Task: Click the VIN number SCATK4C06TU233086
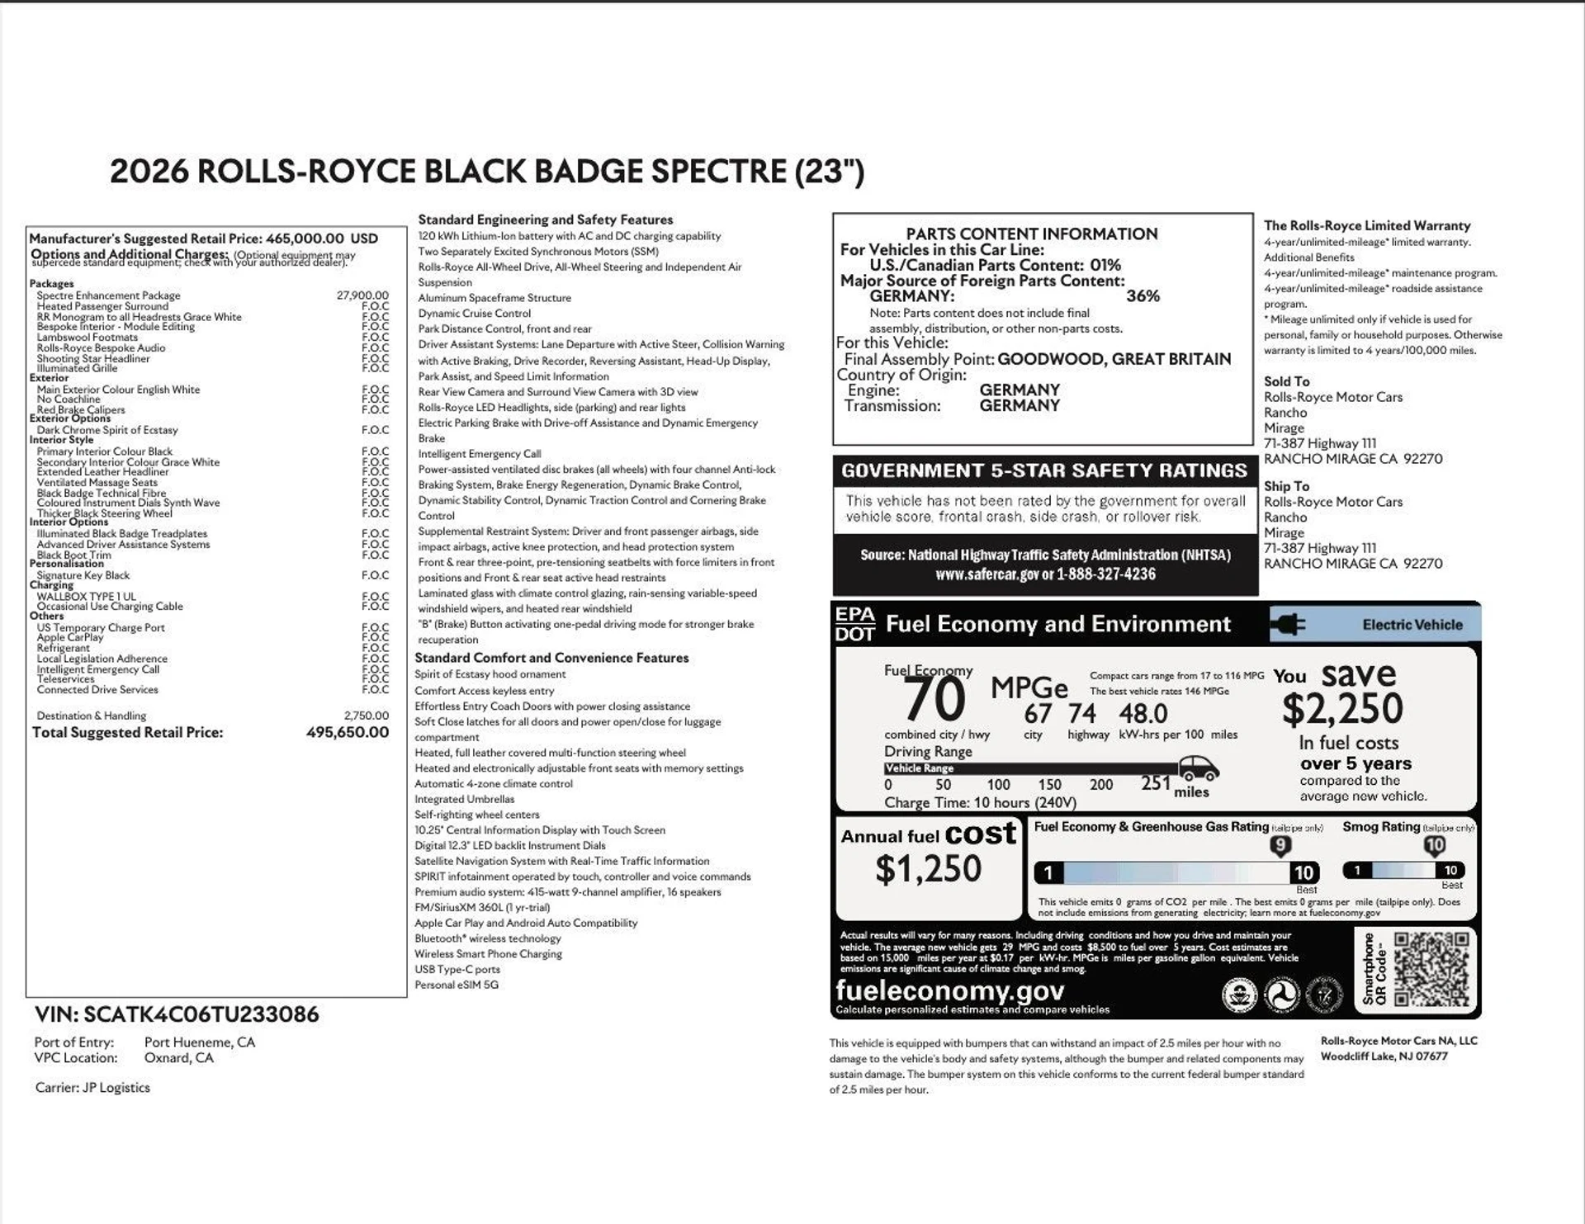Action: [x=201, y=1014]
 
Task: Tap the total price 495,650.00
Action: [x=347, y=732]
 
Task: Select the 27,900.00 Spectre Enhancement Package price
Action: [x=362, y=295]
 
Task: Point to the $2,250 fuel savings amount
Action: [x=1342, y=709]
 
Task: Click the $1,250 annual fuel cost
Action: [x=928, y=869]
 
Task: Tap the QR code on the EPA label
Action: [x=1431, y=970]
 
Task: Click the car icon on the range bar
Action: [x=1199, y=771]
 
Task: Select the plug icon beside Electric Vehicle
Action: [x=1289, y=625]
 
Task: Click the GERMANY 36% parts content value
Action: [x=1143, y=296]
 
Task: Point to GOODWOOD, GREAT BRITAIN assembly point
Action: [x=1114, y=359]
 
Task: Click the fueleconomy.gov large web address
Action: [x=949, y=990]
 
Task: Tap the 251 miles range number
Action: [x=1156, y=783]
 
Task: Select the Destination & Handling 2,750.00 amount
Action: [x=366, y=716]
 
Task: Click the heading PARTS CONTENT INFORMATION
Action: [x=1031, y=234]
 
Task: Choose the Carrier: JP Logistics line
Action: [x=92, y=1088]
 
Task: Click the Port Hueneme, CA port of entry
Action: [x=200, y=1042]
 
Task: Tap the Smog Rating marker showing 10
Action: [x=1434, y=845]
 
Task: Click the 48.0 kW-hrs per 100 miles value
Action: [x=1143, y=714]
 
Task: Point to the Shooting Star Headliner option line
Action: [x=93, y=358]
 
